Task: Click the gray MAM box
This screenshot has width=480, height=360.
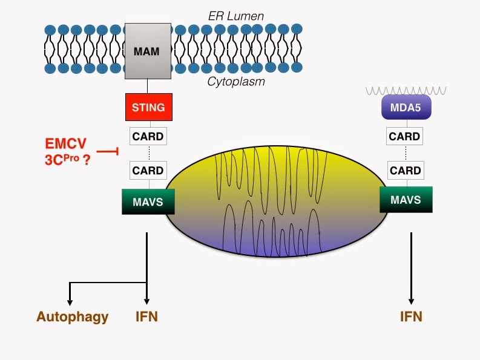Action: pyautogui.click(x=146, y=51)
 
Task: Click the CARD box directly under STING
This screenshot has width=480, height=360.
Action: pyautogui.click(x=148, y=136)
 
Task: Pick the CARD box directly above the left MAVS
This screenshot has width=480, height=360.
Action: pyautogui.click(x=148, y=171)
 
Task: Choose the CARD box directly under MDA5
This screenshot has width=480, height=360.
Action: pyautogui.click(x=404, y=136)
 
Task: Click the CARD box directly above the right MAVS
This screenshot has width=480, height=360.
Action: pyautogui.click(x=404, y=171)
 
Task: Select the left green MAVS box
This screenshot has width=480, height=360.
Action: pyautogui.click(x=148, y=201)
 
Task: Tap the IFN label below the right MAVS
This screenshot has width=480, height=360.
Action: pyautogui.click(x=412, y=316)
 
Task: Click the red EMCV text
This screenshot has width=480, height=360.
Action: pyautogui.click(x=65, y=145)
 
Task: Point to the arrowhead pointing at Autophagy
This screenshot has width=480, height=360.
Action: pyautogui.click(x=70, y=301)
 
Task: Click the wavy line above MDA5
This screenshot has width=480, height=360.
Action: pyautogui.click(x=405, y=90)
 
